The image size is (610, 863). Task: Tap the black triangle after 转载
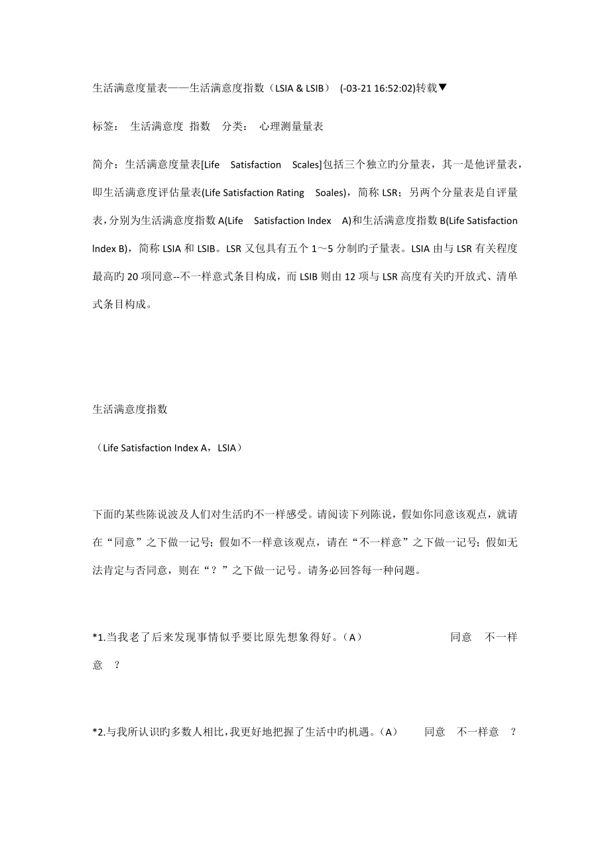pos(443,87)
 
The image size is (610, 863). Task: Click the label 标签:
pos(106,126)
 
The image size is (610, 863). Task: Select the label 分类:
pos(236,126)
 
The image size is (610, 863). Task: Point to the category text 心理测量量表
pos(291,126)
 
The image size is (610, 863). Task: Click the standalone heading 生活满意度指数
pos(130,410)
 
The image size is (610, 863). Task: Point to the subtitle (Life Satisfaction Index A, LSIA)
pos(168,447)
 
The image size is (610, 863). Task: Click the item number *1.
pos(99,638)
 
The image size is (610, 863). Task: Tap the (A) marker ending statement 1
pos(355,638)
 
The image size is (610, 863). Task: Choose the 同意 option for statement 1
pos(461,638)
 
